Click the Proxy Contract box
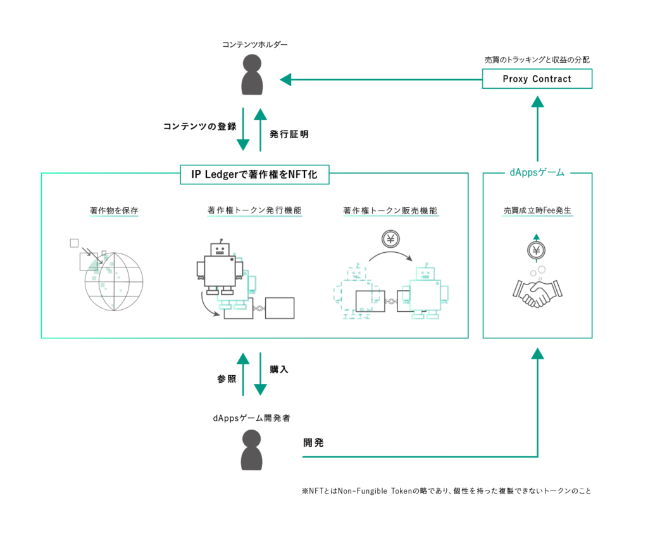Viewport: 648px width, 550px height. click(x=537, y=79)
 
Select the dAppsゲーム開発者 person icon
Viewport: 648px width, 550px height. click(x=251, y=449)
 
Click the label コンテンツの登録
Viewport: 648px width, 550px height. click(x=199, y=126)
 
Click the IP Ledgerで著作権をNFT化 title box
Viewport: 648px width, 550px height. click(x=254, y=174)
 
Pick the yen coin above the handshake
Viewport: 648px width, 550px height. click(x=537, y=250)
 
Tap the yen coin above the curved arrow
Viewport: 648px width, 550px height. click(x=390, y=240)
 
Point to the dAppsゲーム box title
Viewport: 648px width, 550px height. click(x=537, y=172)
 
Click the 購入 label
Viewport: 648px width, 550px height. click(x=279, y=369)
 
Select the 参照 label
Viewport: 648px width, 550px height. click(x=226, y=379)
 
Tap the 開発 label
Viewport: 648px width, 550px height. click(x=313, y=443)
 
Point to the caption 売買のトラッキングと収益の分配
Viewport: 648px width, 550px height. click(x=537, y=60)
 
